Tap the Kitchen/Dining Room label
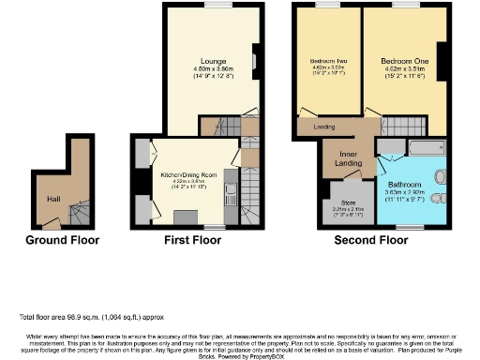click(187, 175)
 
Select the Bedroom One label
click(402, 63)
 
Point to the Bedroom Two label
click(327, 63)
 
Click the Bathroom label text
click(406, 185)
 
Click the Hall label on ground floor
click(53, 198)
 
